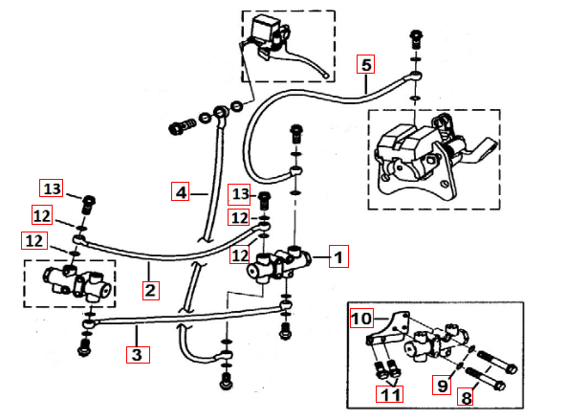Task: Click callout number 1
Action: pos(341,255)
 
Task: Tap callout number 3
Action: pos(138,353)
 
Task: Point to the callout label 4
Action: pos(182,190)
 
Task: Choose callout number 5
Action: pos(366,65)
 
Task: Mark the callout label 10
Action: pos(361,318)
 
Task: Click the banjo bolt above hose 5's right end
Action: pos(416,39)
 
